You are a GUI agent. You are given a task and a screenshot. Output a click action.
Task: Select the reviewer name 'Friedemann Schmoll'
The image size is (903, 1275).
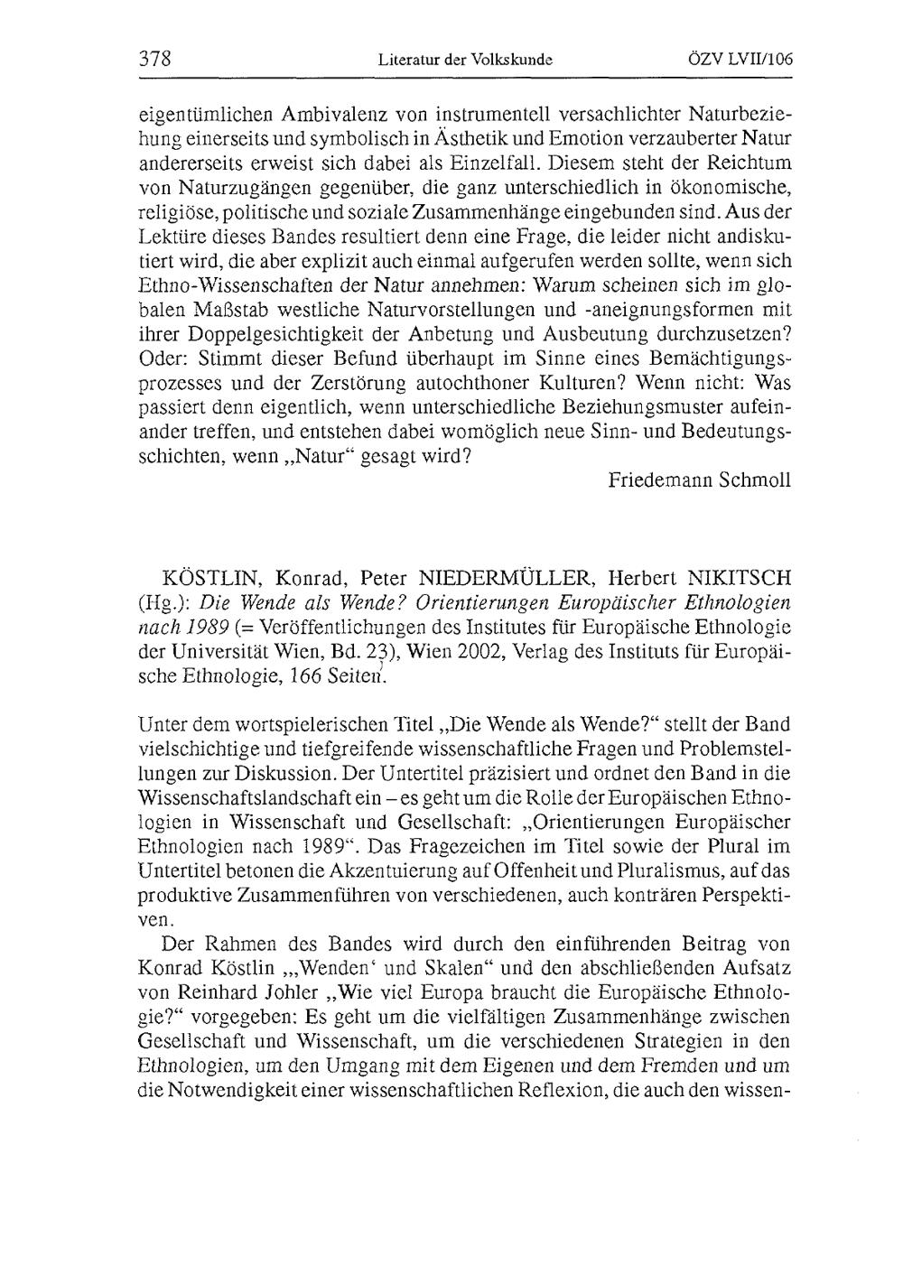point(700,480)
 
